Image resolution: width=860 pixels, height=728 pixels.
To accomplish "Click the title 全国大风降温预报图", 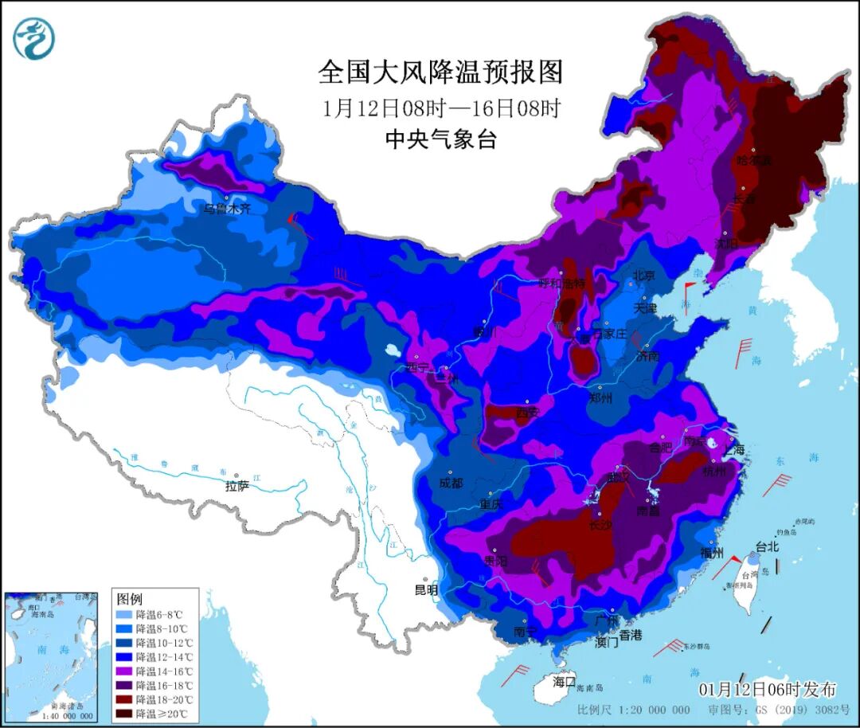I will tap(440, 72).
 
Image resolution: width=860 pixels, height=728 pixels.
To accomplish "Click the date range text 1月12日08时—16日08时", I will tap(440, 108).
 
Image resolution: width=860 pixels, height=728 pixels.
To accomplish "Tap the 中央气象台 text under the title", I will tap(440, 140).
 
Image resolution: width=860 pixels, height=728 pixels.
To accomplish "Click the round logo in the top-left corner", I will tap(34, 37).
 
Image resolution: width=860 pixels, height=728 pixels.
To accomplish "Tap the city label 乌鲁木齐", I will tap(226, 209).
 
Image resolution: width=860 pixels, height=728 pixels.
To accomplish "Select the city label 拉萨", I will tap(237, 485).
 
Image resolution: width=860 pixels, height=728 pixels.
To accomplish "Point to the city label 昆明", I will tap(426, 590).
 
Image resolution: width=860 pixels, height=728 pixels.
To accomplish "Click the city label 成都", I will tap(451, 483).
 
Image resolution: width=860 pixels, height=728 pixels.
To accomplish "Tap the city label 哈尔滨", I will tap(754, 160).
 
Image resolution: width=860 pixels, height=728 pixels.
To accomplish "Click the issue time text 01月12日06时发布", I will tap(767, 689).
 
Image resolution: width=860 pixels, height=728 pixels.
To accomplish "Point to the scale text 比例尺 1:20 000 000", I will tap(634, 710).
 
